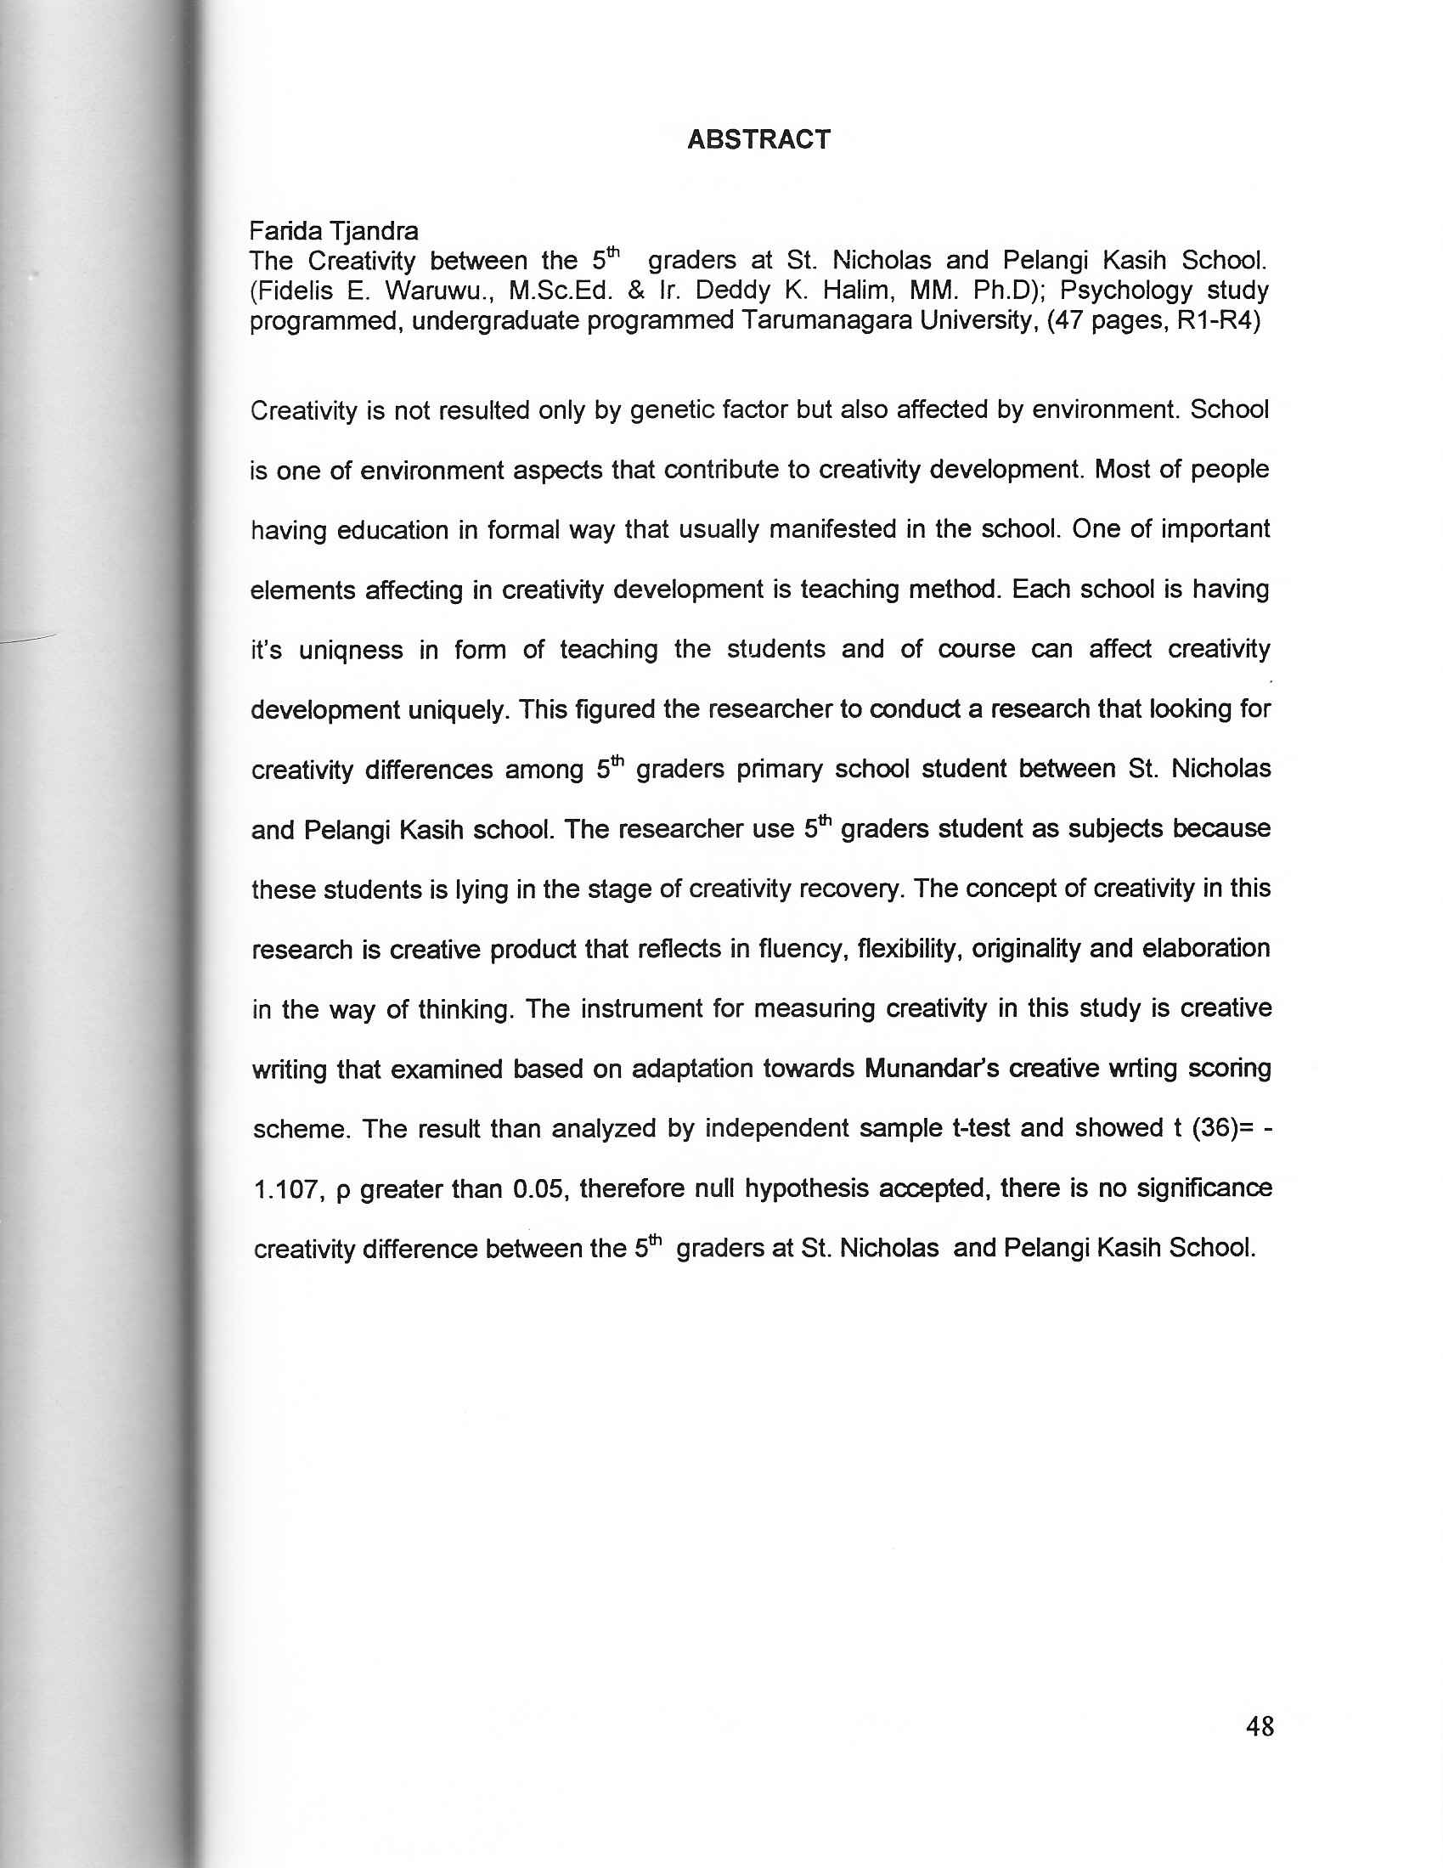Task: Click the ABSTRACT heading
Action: pos(758,139)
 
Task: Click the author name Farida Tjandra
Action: pos(334,231)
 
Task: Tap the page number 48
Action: pos(1260,1726)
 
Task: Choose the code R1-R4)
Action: pos(1218,321)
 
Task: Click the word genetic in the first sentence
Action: pos(673,410)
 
